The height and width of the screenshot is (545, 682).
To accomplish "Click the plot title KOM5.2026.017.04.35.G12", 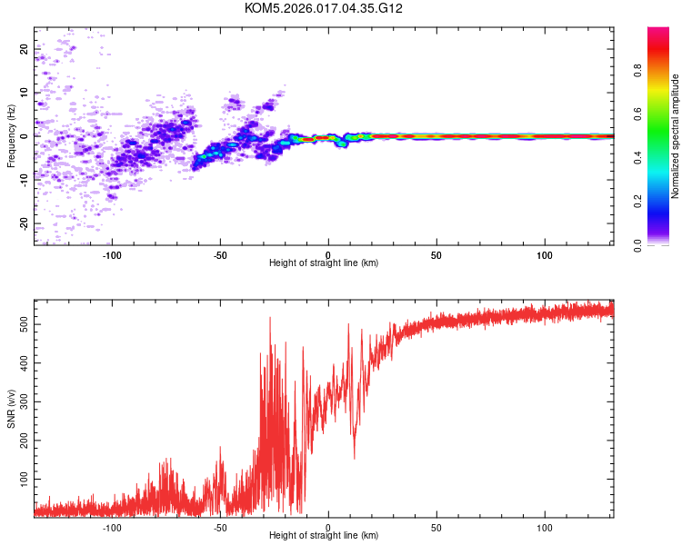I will point(324,8).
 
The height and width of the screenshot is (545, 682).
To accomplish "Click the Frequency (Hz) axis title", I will point(11,135).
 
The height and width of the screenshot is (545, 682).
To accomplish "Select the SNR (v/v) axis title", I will point(11,410).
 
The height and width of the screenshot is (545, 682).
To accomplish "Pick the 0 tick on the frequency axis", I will point(25,136).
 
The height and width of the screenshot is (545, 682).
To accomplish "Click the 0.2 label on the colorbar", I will point(638,202).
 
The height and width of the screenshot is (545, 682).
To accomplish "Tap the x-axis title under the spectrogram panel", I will point(324,263).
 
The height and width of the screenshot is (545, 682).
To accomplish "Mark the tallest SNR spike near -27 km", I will point(270,318).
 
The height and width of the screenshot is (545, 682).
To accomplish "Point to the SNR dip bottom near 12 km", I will point(355,459).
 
